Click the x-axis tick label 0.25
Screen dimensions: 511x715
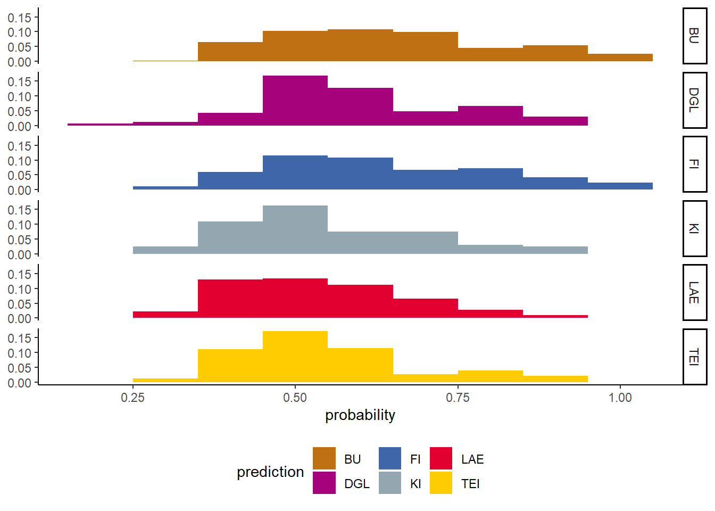click(x=132, y=398)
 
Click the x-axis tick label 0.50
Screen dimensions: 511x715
click(x=295, y=398)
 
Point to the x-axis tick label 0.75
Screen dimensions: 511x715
click(x=458, y=398)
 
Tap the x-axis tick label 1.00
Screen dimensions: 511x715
click(x=620, y=398)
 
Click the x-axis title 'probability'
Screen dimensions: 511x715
click(x=360, y=415)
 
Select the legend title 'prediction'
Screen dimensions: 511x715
click(x=270, y=472)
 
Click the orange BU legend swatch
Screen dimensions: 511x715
click(x=324, y=459)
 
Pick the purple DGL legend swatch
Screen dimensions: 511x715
click(x=324, y=483)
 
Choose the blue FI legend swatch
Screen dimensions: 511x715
click(x=390, y=459)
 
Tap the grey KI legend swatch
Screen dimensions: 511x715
click(x=390, y=483)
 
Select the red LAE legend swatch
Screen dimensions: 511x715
click(x=441, y=459)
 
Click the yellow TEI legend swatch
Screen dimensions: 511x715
click(x=441, y=483)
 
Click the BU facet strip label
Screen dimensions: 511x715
click(x=694, y=36)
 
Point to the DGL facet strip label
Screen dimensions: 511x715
click(x=694, y=100)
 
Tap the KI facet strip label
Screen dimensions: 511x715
click(x=694, y=228)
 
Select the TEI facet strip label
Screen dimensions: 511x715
click(x=694, y=357)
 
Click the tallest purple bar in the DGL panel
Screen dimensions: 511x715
click(x=295, y=101)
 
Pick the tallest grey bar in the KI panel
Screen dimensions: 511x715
click(x=295, y=229)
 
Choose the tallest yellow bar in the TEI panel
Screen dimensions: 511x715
click(x=295, y=357)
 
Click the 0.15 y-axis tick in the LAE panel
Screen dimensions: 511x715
click(x=19, y=274)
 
